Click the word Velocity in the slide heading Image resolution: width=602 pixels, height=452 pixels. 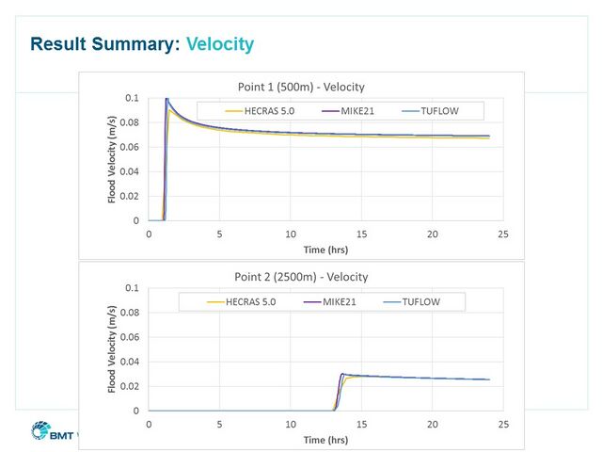(220, 44)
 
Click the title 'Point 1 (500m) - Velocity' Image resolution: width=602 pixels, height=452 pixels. (301, 87)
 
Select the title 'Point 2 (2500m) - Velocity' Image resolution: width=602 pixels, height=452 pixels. (301, 277)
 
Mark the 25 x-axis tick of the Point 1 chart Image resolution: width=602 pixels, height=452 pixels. (503, 233)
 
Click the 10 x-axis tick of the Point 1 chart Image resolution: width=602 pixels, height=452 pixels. (291, 233)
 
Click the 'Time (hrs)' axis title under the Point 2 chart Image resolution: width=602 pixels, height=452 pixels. (325, 440)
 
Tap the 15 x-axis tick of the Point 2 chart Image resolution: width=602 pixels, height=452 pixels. (361, 424)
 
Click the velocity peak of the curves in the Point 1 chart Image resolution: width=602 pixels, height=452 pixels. (167, 100)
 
